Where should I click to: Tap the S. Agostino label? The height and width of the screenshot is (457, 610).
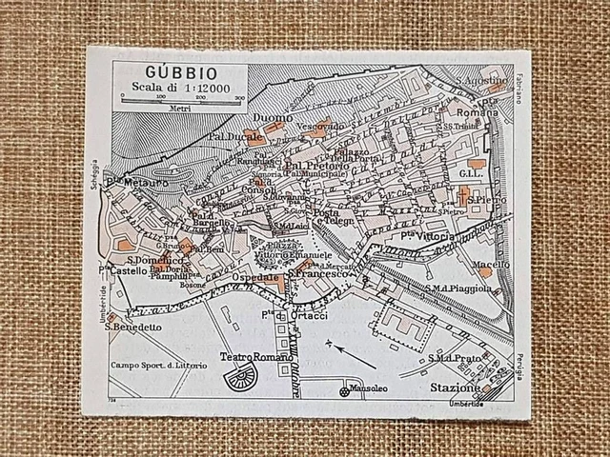(x=482, y=81)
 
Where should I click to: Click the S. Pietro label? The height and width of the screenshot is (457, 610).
(x=487, y=201)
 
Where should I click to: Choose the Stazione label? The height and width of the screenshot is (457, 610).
(x=454, y=388)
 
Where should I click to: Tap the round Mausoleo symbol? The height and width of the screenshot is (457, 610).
(x=344, y=390)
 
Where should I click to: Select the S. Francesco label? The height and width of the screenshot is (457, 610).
(x=321, y=274)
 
